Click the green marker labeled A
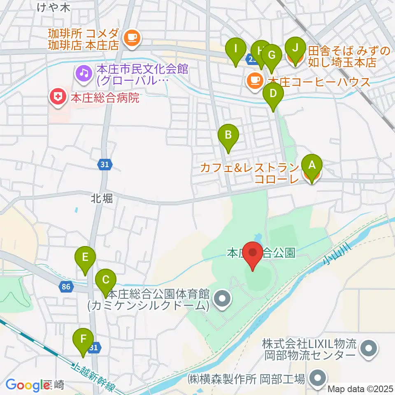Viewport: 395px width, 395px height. point(311,166)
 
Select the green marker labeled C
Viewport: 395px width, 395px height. point(105,281)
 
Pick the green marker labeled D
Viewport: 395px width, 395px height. point(273,94)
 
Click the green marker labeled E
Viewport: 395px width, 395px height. point(85,258)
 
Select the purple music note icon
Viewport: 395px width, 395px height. point(84,74)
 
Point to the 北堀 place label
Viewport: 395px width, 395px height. point(102,199)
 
